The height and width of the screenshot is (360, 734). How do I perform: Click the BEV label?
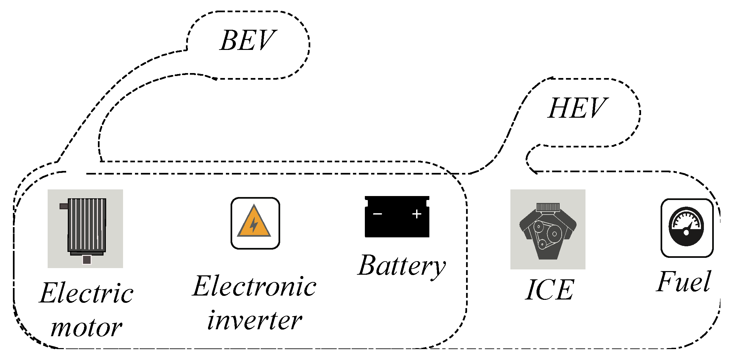click(248, 40)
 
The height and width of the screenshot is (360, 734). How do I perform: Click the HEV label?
click(577, 108)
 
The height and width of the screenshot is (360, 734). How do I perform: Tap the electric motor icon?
click(85, 228)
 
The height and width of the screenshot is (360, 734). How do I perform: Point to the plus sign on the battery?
click(417, 214)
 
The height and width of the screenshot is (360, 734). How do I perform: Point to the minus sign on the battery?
click(377, 214)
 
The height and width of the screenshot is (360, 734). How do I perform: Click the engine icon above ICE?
click(548, 230)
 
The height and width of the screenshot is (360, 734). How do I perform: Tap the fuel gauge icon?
click(687, 228)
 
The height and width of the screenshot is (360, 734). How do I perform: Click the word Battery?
click(402, 266)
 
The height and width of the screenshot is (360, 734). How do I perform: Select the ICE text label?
click(549, 290)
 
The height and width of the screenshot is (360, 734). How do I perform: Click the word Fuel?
click(683, 282)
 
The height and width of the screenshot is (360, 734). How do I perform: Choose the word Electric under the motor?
click(86, 293)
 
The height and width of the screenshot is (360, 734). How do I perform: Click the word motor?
click(86, 328)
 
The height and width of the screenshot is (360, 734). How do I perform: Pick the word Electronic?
click(254, 287)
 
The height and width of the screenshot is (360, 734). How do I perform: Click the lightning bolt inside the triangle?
click(254, 225)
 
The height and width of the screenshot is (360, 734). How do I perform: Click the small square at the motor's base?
click(87, 260)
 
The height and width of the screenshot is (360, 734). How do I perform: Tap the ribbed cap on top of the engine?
click(548, 207)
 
